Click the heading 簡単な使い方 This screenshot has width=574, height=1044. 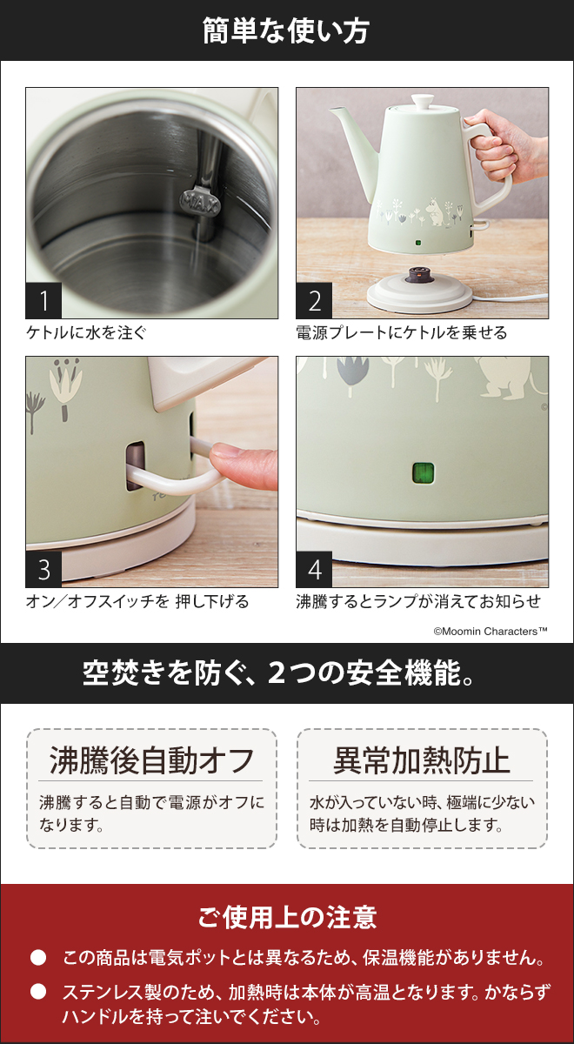[x=286, y=31]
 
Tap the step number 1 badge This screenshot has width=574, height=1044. [x=44, y=302]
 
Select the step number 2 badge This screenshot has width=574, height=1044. [x=314, y=302]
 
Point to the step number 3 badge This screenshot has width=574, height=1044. [x=44, y=570]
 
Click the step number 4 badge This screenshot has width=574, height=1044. [x=314, y=570]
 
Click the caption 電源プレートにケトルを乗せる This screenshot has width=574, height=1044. [x=401, y=332]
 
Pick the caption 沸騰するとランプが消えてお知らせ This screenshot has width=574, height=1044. [x=418, y=601]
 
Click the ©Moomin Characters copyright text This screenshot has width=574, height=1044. [x=490, y=631]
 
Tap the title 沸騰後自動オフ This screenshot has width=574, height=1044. [x=151, y=760]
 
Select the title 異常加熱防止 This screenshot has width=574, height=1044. [x=422, y=760]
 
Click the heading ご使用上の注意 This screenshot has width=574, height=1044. [x=286, y=916]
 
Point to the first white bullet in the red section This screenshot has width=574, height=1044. [x=37, y=959]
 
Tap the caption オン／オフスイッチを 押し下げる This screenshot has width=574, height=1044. [x=137, y=601]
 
